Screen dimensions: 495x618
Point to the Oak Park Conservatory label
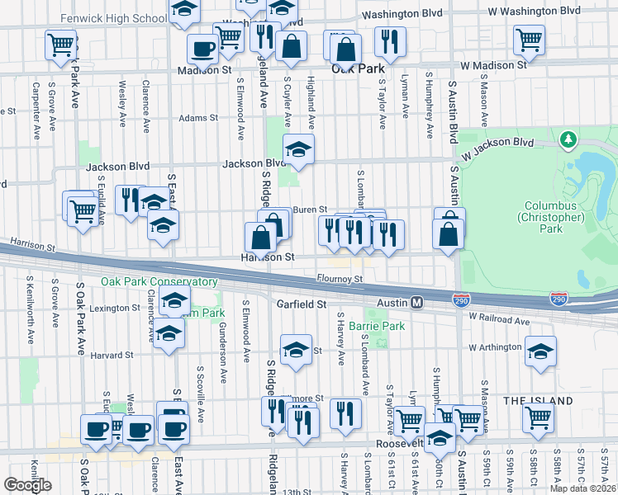[159, 282]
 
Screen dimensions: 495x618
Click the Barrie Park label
[376, 327]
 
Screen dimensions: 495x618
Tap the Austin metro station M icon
[418, 304]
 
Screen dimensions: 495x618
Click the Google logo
[27, 485]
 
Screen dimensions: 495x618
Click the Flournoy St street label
[339, 280]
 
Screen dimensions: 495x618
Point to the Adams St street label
[198, 118]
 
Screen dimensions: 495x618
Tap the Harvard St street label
[112, 356]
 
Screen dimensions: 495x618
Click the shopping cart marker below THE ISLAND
[538, 417]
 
